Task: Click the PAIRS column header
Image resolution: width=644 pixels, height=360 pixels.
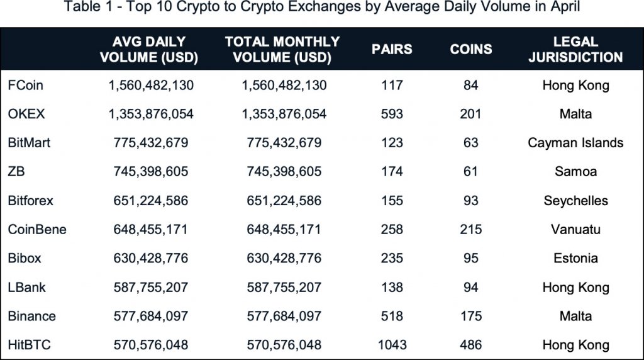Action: tap(392, 50)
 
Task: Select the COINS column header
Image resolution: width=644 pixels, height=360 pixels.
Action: tap(471, 50)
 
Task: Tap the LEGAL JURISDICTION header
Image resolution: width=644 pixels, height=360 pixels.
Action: tap(575, 50)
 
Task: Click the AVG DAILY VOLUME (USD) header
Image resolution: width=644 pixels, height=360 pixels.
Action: tap(149, 50)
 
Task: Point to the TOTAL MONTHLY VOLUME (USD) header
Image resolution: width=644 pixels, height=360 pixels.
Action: tap(282, 50)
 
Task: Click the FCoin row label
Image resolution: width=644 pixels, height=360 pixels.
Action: tap(26, 85)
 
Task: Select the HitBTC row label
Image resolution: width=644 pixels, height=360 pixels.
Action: tap(29, 345)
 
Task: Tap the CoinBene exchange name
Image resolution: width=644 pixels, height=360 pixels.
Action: tap(37, 229)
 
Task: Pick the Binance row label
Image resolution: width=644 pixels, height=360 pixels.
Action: tap(32, 316)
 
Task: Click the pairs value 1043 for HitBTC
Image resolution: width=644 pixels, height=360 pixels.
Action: tap(392, 345)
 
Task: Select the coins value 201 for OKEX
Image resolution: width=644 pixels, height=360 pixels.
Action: tap(470, 114)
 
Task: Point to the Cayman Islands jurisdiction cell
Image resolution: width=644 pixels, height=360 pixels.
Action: tap(575, 143)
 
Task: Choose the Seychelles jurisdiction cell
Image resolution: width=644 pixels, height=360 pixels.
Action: tap(575, 201)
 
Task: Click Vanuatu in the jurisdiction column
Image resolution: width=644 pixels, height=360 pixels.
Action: tap(575, 229)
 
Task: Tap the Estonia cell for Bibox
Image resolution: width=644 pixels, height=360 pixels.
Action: tap(575, 258)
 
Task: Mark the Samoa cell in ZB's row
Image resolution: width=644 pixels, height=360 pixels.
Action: tap(575, 172)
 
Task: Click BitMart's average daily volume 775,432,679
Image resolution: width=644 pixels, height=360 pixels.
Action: tap(151, 143)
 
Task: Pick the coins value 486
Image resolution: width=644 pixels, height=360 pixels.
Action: tap(470, 345)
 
